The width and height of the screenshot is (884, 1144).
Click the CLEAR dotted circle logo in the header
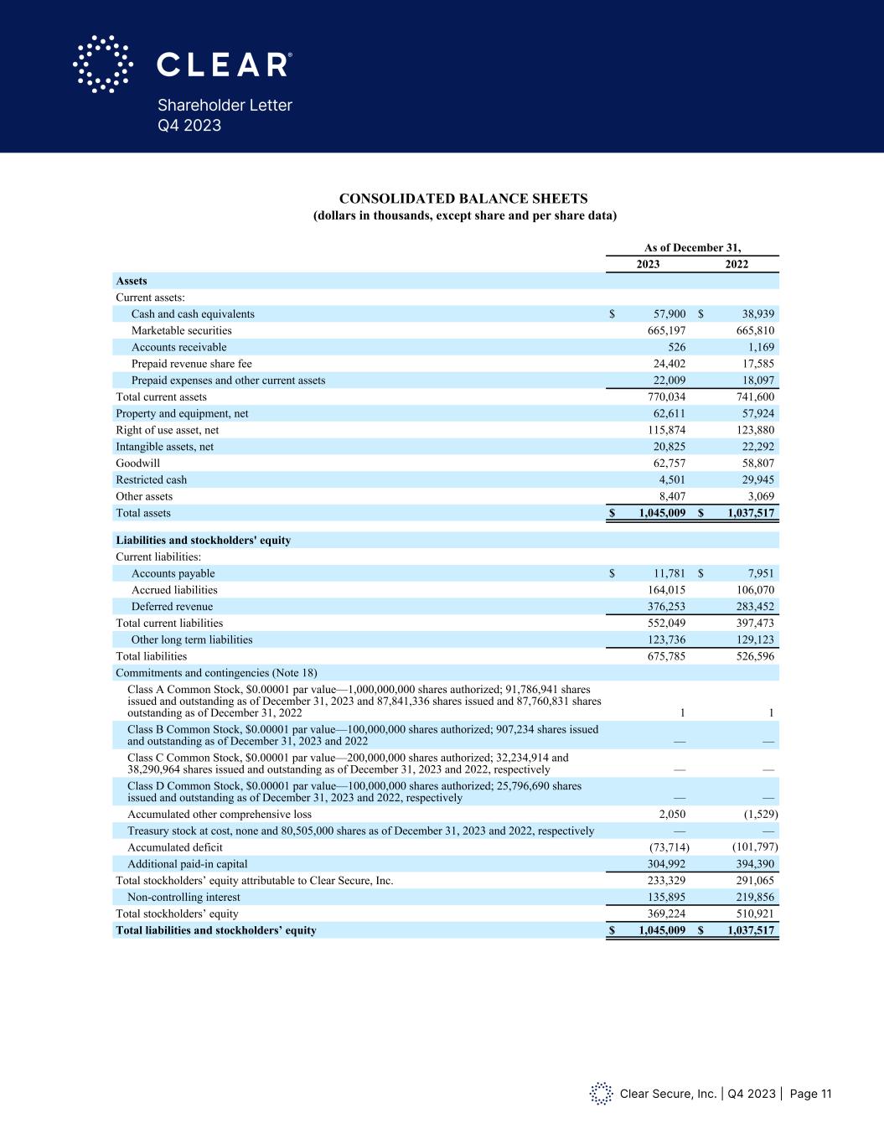[x=103, y=64]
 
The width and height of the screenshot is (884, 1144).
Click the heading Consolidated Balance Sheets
[x=463, y=199]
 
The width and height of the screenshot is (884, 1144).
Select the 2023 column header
[x=648, y=264]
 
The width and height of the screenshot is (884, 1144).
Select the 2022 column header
[x=737, y=264]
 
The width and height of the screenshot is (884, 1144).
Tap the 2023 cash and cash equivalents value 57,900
[x=669, y=314]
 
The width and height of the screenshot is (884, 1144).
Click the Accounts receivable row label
[x=178, y=347]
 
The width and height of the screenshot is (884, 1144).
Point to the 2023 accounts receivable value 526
[x=677, y=347]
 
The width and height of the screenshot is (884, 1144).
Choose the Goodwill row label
[x=137, y=463]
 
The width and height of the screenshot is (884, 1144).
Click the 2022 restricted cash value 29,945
[x=757, y=480]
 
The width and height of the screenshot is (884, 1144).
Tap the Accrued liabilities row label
[x=174, y=590]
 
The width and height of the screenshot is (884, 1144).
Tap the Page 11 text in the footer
[x=810, y=1094]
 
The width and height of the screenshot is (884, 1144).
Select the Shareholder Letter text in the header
[x=225, y=106]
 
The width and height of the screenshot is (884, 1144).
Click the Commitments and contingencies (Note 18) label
[x=216, y=673]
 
